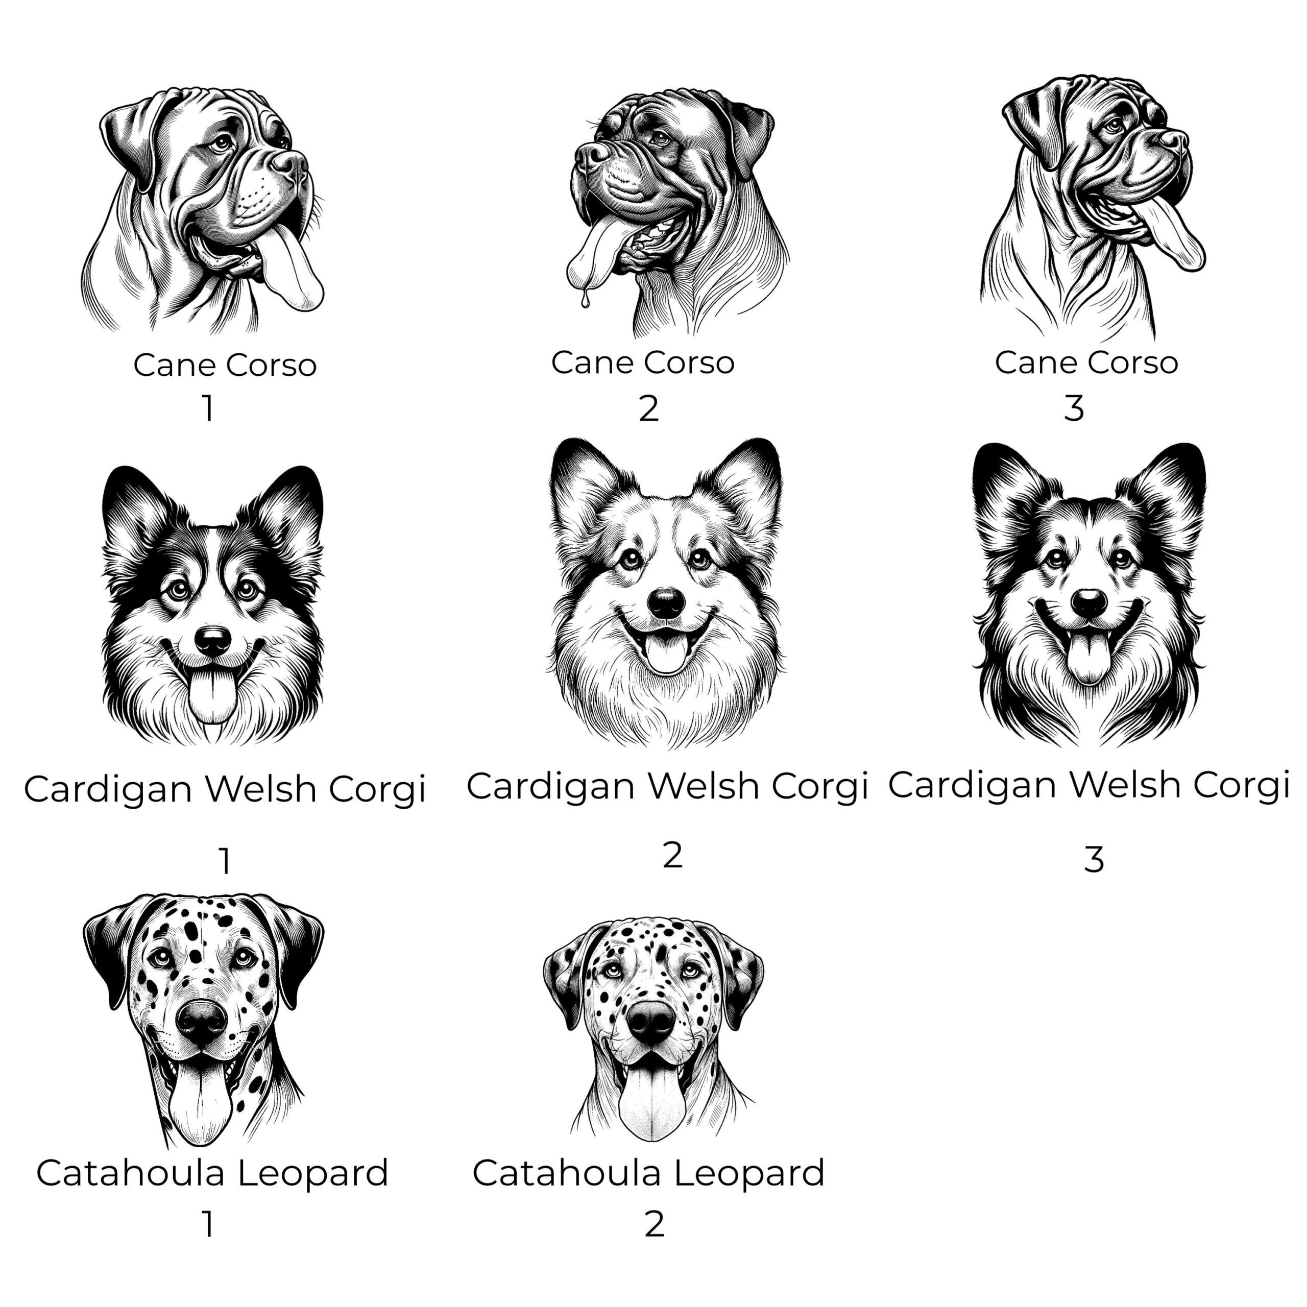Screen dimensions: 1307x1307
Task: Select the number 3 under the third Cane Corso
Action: [1074, 408]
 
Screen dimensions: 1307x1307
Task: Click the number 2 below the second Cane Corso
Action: [648, 408]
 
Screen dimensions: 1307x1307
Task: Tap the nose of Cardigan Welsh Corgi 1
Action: [213, 639]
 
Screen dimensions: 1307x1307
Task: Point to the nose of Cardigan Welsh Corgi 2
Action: [666, 601]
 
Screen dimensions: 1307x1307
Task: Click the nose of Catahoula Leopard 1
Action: [201, 1020]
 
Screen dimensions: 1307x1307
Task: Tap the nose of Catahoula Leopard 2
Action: [651, 1021]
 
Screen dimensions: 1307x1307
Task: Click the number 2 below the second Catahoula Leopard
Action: [654, 1224]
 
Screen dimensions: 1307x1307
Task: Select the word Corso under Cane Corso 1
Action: [271, 366]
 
